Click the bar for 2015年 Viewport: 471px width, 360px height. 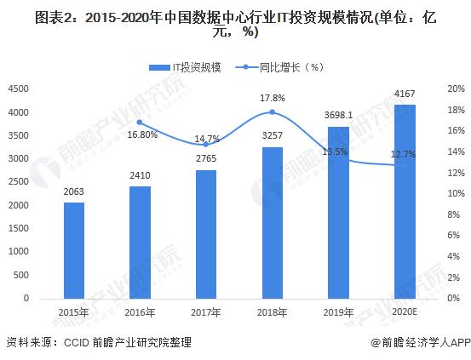73,250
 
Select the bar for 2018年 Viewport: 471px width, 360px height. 272,222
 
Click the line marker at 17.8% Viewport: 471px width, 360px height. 272,112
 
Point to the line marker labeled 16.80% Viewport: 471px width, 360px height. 140,123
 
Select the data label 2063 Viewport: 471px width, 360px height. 73,191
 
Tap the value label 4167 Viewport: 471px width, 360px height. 404,93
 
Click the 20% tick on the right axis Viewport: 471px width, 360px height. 456,89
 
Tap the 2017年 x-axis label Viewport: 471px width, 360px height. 205,312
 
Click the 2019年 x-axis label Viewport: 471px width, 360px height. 338,312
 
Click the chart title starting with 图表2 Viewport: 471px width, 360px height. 235,25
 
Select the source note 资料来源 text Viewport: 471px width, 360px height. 99,342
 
